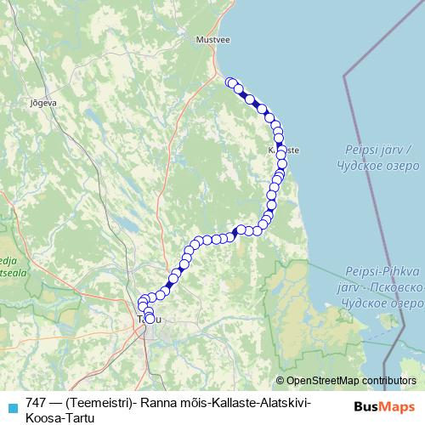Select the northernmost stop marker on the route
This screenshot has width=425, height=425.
coord(229,82)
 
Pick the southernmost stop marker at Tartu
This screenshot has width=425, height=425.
coord(150,320)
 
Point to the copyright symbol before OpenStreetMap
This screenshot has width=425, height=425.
coord(280,380)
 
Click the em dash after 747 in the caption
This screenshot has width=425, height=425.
coord(54,402)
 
